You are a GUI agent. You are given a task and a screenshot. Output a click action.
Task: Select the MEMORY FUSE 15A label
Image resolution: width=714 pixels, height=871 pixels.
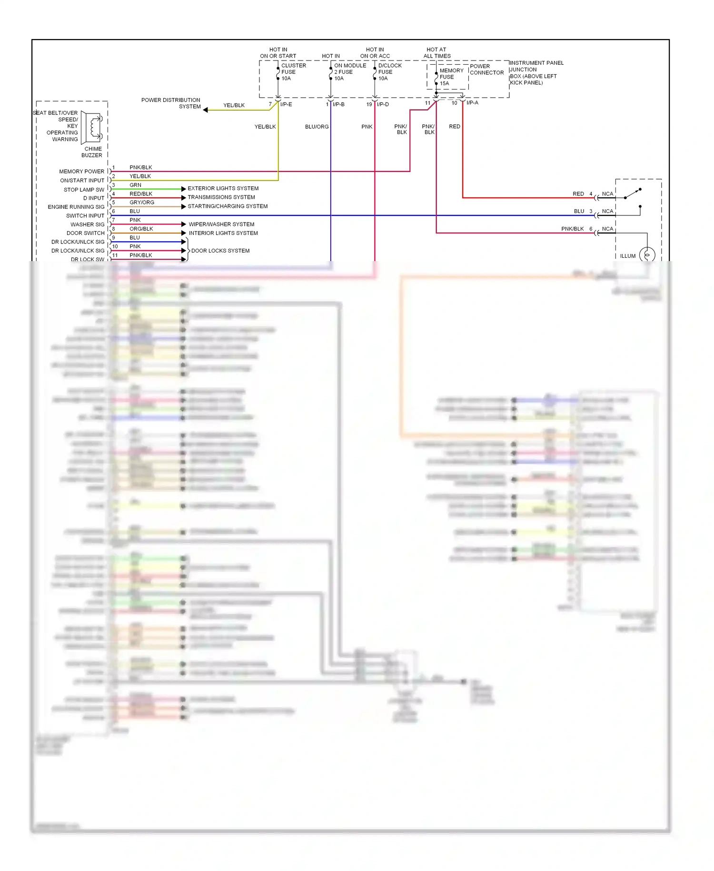451,77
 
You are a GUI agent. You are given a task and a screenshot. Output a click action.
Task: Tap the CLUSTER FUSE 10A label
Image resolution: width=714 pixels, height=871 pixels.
293,72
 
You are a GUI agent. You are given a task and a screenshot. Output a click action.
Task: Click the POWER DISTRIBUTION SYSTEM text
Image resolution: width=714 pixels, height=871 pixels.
171,103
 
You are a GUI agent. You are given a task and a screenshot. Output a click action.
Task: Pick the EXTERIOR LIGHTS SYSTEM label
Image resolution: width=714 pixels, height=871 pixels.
223,189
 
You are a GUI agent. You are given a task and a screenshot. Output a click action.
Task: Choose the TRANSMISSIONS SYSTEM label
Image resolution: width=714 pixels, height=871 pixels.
221,197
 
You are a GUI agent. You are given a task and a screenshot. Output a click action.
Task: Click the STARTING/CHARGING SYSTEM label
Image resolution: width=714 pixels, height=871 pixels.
228,206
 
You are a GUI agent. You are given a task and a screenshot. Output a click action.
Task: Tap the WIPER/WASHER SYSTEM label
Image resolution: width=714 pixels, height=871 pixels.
221,224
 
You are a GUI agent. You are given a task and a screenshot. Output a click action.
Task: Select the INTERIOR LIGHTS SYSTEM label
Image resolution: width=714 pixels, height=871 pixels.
223,233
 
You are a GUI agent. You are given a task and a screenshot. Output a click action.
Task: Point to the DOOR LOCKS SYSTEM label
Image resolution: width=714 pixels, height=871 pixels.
220,251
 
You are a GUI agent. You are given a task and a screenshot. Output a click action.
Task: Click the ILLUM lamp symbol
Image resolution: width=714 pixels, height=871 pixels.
647,255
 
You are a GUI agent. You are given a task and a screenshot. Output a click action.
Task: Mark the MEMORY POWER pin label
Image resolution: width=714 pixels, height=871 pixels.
81,172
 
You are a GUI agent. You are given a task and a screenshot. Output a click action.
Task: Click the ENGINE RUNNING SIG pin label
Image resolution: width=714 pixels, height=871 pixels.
76,207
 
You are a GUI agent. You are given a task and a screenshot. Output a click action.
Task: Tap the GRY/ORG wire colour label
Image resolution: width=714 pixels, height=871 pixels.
142,203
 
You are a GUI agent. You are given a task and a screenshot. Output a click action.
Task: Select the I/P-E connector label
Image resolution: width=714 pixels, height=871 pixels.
286,104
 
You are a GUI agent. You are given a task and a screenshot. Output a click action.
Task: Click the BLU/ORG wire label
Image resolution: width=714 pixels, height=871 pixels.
317,127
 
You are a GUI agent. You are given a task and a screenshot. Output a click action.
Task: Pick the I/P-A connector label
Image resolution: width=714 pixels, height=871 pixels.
472,103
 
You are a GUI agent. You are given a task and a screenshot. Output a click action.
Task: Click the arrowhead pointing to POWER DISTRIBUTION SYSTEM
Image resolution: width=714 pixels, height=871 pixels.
206,110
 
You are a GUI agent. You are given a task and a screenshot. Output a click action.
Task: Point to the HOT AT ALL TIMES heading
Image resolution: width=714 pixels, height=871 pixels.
436,52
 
